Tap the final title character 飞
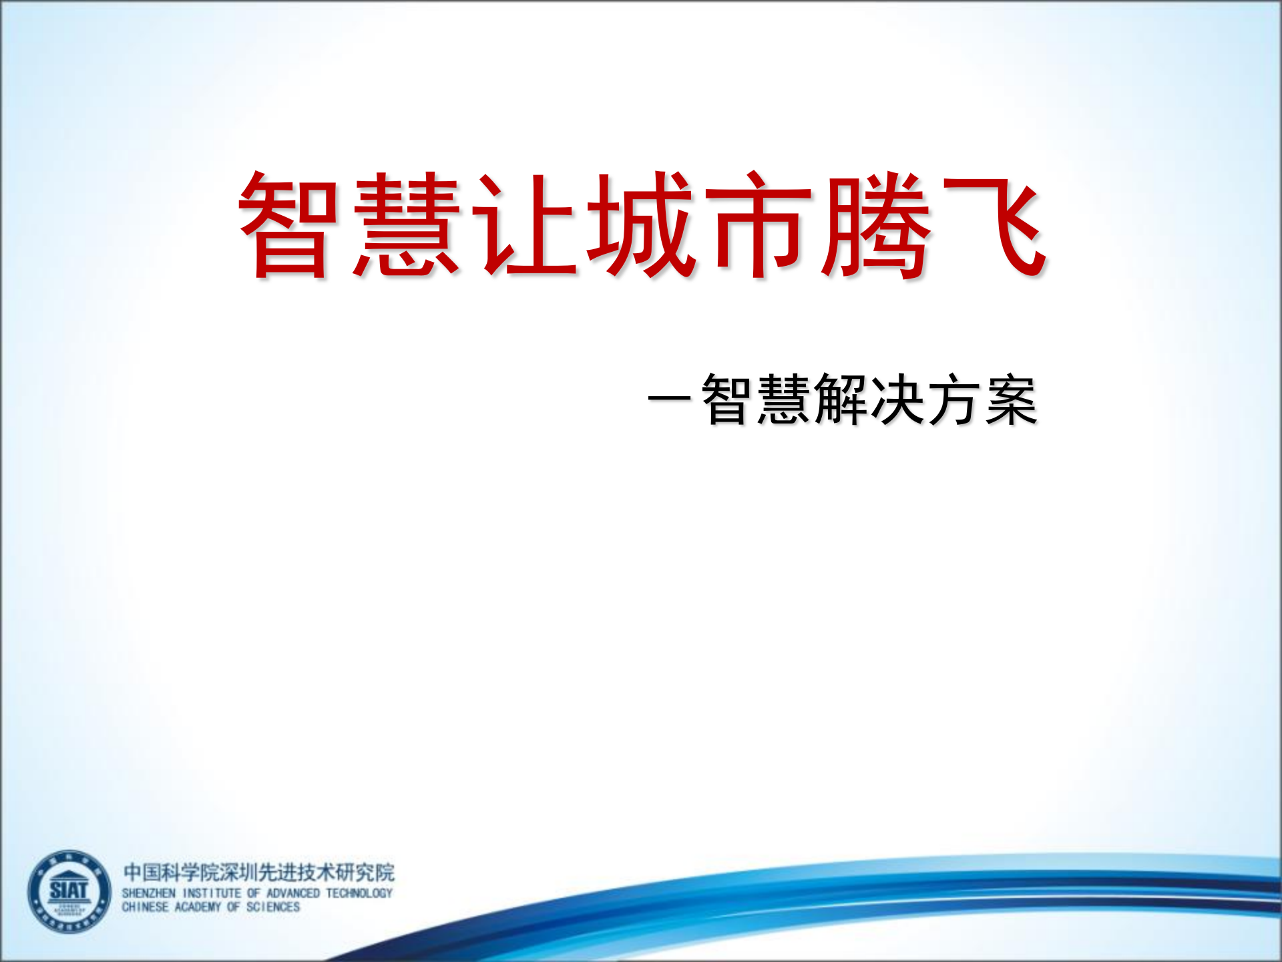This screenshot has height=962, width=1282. pyautogui.click(x=994, y=225)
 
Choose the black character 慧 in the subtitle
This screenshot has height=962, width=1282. pyautogui.click(x=783, y=399)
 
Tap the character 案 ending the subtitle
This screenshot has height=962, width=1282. pyautogui.click(x=1011, y=399)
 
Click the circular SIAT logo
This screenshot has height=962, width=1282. pyautogui.click(x=69, y=892)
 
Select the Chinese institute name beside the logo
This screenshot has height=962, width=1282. pyautogui.click(x=258, y=872)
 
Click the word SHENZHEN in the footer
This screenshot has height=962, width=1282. pyautogui.click(x=148, y=893)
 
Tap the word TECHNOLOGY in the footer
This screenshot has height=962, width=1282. pyautogui.click(x=359, y=893)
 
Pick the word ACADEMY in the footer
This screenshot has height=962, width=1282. pyautogui.click(x=198, y=907)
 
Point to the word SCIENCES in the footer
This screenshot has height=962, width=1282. pyautogui.click(x=273, y=907)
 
